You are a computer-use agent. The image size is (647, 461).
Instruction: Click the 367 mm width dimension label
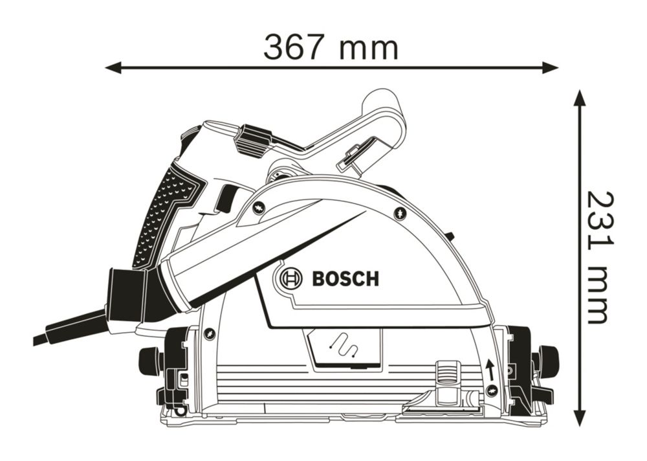(331, 48)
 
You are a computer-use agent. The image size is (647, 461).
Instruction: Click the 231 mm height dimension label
(600, 257)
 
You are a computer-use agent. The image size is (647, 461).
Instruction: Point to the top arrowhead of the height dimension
(580, 98)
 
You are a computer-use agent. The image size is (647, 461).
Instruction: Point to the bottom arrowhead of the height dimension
(580, 414)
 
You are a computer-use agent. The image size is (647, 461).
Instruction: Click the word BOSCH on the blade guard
(345, 279)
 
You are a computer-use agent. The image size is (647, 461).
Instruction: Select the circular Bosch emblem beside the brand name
(291, 279)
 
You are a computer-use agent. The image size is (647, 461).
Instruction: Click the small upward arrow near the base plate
(490, 370)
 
